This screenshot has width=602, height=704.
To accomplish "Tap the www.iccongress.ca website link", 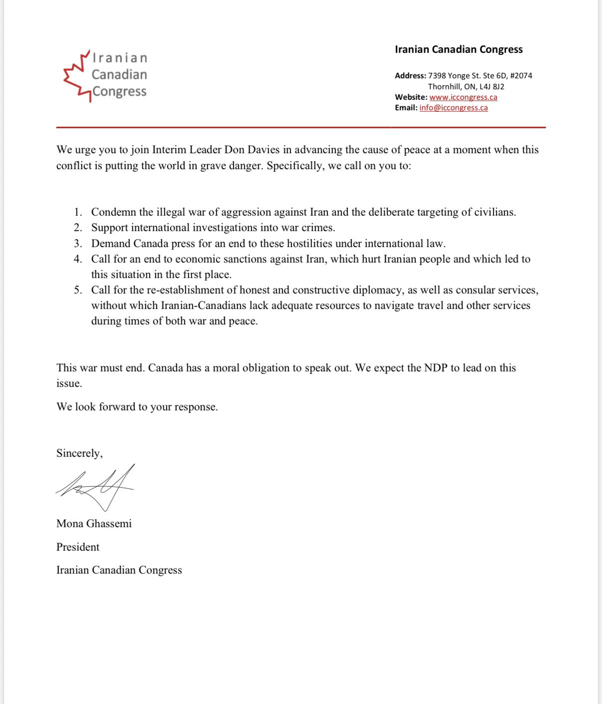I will (463, 97).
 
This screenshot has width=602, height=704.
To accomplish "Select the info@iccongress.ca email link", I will (454, 108).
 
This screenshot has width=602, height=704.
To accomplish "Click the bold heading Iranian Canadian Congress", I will (458, 49).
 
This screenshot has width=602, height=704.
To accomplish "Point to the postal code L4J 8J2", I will (492, 86).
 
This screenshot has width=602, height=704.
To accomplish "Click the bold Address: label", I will (410, 76).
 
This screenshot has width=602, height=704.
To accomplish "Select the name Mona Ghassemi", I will (94, 524).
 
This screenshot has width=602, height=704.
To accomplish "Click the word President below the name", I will (78, 547).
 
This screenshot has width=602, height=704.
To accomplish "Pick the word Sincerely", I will (79, 453).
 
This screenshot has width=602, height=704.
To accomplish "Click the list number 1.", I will (77, 212).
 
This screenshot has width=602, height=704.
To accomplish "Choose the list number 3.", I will (77, 244).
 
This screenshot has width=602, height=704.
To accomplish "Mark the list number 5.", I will (77, 290).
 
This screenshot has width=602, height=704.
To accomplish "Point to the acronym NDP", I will (436, 368).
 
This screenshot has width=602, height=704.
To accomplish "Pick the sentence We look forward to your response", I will (137, 407).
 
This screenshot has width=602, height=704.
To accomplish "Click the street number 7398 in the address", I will (437, 76).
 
